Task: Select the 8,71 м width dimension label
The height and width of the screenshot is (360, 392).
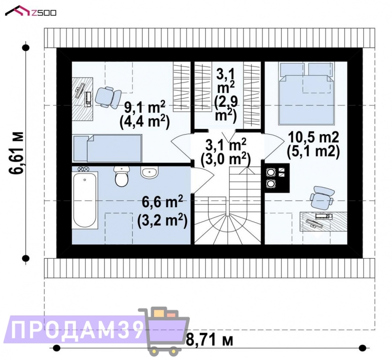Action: [x=210, y=339]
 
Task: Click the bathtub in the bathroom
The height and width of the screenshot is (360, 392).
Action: [x=85, y=200]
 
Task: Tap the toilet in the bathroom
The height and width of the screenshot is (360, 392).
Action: [x=121, y=177]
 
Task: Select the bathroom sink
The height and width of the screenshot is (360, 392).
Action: [x=149, y=172]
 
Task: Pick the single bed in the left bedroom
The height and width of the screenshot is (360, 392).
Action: [x=107, y=148]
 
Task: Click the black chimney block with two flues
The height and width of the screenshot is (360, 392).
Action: [x=276, y=178]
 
